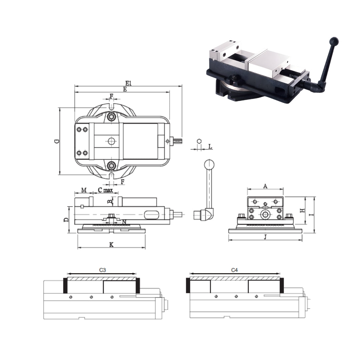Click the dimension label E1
pyautogui.click(x=128, y=83)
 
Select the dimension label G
pyautogui.click(x=57, y=141)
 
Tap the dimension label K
pyautogui.click(x=112, y=245)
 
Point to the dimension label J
pyautogui.click(x=265, y=237)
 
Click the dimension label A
pyautogui.click(x=265, y=186)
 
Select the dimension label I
pyautogui.click(x=311, y=215)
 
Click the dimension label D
pyautogui.click(x=66, y=220)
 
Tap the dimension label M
pyautogui.click(x=84, y=190)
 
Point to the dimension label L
pyautogui.click(x=210, y=146)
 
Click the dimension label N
pyautogui.click(x=124, y=222)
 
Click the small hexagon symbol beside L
pyautogui.click(x=199, y=141)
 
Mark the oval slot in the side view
pyautogui.click(x=152, y=215)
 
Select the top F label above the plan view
pyautogui.click(x=112, y=96)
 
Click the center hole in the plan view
pyautogui.click(x=111, y=141)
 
